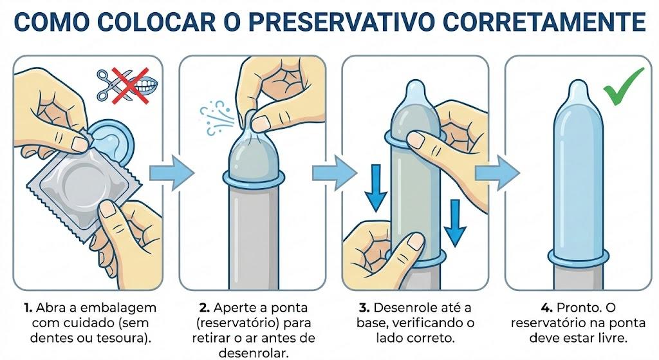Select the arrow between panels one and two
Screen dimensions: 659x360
172,173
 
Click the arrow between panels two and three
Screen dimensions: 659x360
335,173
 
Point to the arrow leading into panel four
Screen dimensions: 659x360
497,173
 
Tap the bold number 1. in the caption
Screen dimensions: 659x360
28,308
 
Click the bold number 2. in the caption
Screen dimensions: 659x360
205,308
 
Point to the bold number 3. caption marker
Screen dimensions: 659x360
364,308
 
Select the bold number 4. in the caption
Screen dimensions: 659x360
547,308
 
